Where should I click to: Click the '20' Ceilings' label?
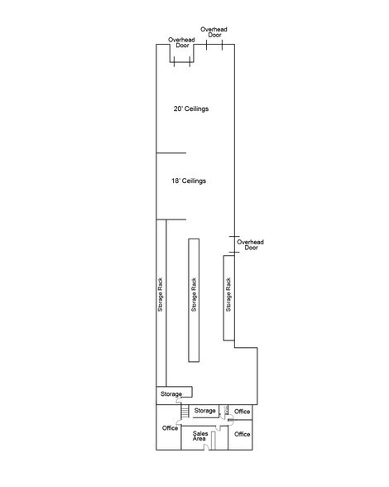(191, 108)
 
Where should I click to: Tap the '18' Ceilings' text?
(189, 181)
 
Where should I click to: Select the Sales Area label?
(200, 436)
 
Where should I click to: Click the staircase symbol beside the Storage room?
(185, 411)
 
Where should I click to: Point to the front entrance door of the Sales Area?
(206, 447)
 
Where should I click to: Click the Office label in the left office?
(170, 428)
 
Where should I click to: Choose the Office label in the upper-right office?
(243, 412)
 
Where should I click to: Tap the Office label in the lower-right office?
(243, 434)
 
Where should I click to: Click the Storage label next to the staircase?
(205, 411)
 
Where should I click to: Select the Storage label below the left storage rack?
(171, 394)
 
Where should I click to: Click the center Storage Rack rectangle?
(194, 301)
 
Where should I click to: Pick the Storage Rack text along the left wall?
(161, 295)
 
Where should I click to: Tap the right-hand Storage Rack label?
(228, 295)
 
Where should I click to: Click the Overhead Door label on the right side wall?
(251, 245)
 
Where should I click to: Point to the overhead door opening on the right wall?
(234, 244)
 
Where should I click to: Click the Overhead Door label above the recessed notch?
(181, 42)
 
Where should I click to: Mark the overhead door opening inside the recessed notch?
(182, 62)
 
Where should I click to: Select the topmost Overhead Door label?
(214, 32)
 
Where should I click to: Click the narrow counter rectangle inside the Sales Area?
(214, 441)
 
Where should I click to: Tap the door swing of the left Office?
(179, 422)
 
